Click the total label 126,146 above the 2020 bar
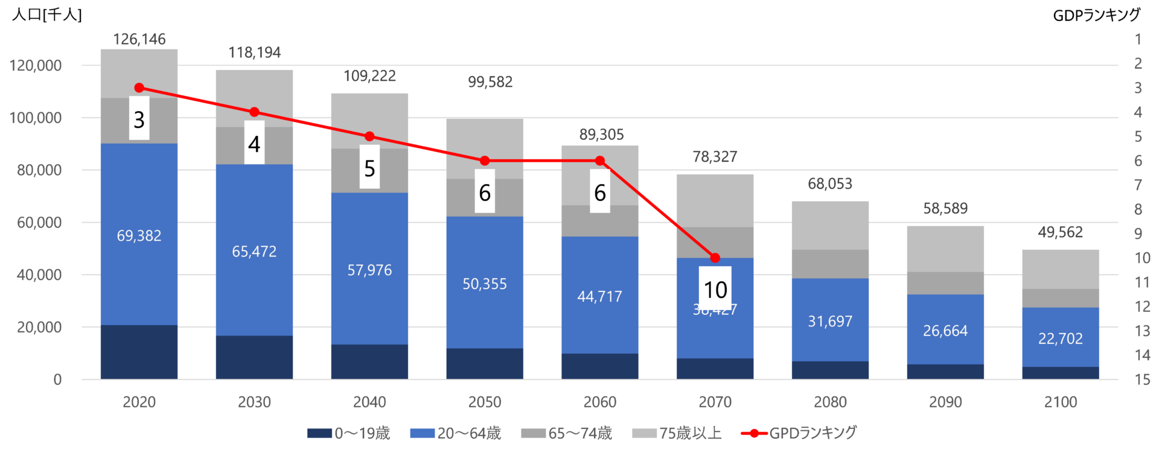click(139, 39)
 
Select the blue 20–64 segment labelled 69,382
click(139, 235)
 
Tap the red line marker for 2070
click(715, 258)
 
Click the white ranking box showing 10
click(715, 288)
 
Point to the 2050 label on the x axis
click(485, 402)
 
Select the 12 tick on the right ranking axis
click(1142, 307)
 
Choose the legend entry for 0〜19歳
click(349, 433)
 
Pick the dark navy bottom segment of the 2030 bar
click(254, 357)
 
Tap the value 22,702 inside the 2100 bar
click(1060, 339)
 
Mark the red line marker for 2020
click(139, 88)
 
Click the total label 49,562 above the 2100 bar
click(1060, 232)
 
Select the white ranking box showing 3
click(139, 119)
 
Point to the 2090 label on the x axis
click(945, 402)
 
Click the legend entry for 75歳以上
click(677, 433)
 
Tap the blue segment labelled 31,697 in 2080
click(830, 321)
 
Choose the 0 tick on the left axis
click(57, 380)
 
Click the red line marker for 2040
click(369, 136)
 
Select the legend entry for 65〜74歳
click(567, 433)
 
